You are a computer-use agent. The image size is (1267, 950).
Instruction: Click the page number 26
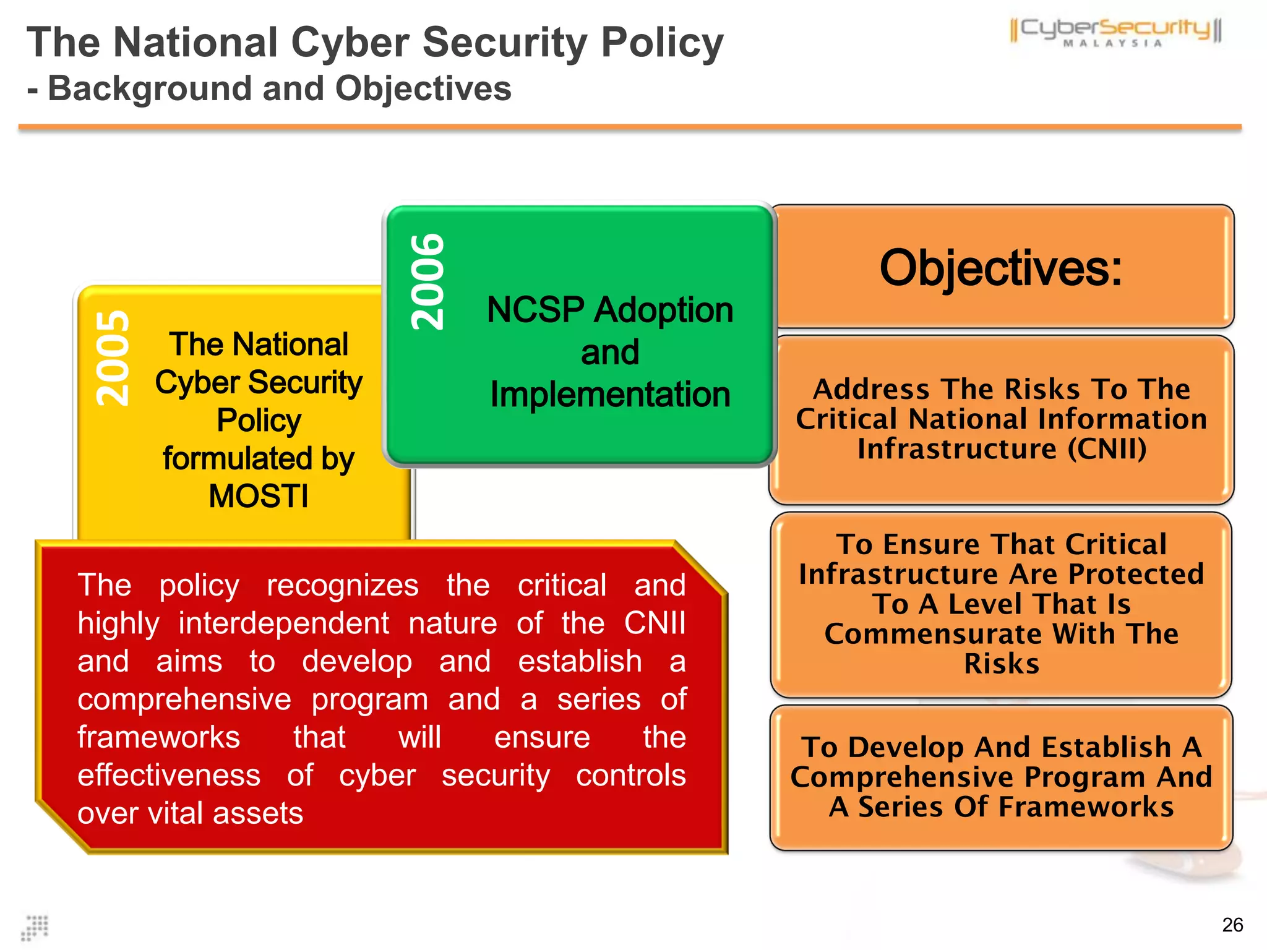[x=1232, y=925]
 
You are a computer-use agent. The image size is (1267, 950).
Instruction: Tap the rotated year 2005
[x=113, y=358]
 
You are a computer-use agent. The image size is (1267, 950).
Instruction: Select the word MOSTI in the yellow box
[x=259, y=496]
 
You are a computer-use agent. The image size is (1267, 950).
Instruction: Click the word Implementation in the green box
[x=610, y=395]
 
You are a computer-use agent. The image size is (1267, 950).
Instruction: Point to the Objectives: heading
[x=1000, y=268]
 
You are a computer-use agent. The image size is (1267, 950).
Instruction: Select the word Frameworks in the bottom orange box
[x=1086, y=807]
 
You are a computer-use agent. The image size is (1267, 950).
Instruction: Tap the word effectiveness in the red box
[x=169, y=775]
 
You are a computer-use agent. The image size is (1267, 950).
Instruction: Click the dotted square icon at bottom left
[x=35, y=928]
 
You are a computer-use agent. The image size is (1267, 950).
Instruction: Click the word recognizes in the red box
[x=342, y=585]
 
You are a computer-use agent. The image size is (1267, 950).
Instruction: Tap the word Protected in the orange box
[x=1136, y=574]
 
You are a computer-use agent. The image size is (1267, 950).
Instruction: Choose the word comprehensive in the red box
[x=184, y=700]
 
